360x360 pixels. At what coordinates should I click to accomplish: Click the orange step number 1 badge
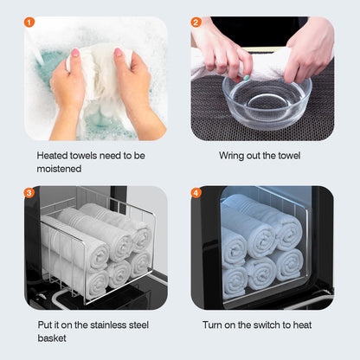tap(30, 22)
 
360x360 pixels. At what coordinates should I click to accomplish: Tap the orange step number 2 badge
tap(196, 22)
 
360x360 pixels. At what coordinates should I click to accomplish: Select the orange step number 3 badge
tap(30, 192)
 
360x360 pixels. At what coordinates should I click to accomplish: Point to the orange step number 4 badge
tap(196, 192)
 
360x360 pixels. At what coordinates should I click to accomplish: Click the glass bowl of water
tap(267, 101)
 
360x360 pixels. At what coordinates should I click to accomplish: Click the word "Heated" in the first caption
tap(55, 157)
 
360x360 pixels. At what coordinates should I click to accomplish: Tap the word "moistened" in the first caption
tap(60, 170)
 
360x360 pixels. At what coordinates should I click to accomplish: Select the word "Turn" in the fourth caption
tap(215, 325)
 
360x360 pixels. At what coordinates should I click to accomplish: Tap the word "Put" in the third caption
tap(45, 325)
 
